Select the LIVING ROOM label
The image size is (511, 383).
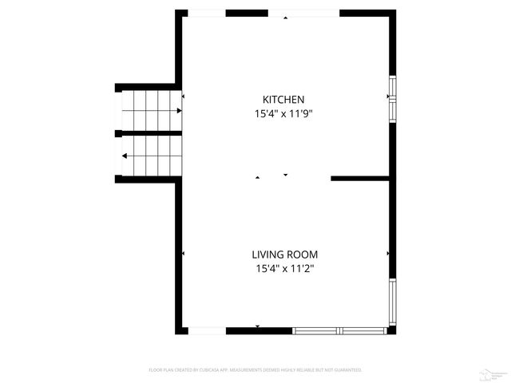(279, 255)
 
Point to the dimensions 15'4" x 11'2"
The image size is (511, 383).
(279, 269)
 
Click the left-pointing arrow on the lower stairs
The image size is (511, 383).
(123, 156)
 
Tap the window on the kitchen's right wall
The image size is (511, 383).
(391, 97)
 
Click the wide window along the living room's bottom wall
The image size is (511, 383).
(340, 330)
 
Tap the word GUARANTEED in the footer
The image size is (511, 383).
(347, 370)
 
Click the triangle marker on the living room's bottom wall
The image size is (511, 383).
(257, 326)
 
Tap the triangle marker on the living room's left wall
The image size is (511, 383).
(183, 254)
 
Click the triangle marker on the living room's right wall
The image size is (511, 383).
(388, 254)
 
